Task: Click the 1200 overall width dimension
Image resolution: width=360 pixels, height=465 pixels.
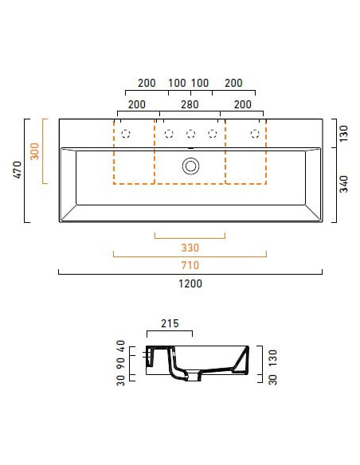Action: point(190,284)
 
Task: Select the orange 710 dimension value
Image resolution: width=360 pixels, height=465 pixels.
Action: point(190,264)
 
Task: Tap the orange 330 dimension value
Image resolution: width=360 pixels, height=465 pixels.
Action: point(190,246)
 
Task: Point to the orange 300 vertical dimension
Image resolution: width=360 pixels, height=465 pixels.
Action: point(35,151)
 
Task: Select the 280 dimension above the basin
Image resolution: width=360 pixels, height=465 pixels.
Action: point(190,104)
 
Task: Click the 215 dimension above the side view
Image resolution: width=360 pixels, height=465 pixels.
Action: point(170,324)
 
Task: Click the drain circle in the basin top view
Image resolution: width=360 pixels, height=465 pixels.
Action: point(190,166)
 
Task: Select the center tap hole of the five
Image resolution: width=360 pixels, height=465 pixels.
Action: point(190,134)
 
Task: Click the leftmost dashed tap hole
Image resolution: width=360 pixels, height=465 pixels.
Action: point(126,134)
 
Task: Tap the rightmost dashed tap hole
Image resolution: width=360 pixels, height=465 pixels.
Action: point(256,134)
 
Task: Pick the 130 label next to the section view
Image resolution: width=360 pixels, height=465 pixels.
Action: point(272,355)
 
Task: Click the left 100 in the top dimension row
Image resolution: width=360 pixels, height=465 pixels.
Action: point(177,83)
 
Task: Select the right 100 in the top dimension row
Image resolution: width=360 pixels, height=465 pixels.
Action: point(201,83)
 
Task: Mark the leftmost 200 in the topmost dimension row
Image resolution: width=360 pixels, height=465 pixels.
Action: point(147,83)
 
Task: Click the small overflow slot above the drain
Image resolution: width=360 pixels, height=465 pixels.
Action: point(190,148)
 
